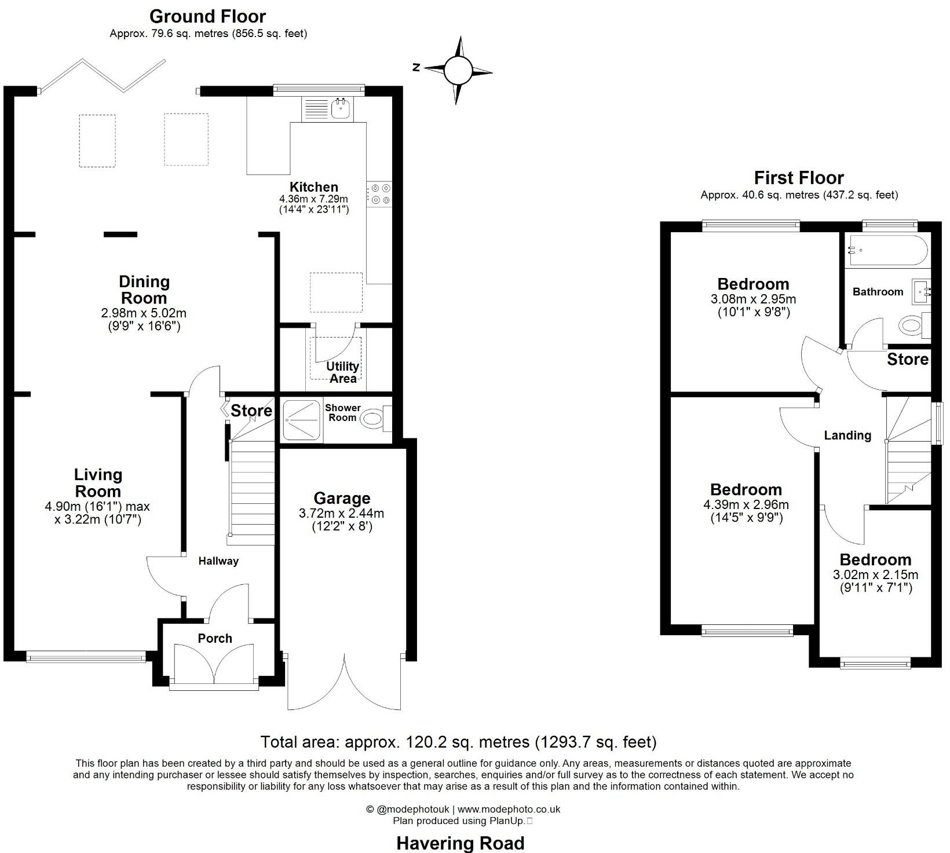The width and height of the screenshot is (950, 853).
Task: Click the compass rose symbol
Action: pos(458,71)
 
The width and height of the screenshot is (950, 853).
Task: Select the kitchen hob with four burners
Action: pos(380,194)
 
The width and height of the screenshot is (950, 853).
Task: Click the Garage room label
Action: pos(342,498)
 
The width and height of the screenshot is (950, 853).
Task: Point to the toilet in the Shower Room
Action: pos(374,419)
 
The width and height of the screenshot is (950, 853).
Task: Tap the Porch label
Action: pos(215,638)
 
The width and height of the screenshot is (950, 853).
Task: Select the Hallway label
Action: pos(218,561)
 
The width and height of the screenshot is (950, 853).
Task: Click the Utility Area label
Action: pos(342,372)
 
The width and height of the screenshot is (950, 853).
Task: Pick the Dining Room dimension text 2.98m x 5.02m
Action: pos(144,313)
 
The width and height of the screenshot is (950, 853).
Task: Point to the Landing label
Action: pos(847,435)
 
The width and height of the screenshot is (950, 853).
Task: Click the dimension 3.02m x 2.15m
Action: pos(875,575)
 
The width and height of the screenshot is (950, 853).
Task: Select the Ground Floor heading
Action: pos(207,16)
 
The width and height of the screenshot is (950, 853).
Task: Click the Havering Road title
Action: pos(461,843)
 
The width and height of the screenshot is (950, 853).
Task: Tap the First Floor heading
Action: pos(799,177)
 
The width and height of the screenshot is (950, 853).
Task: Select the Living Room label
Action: pos(98,483)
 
